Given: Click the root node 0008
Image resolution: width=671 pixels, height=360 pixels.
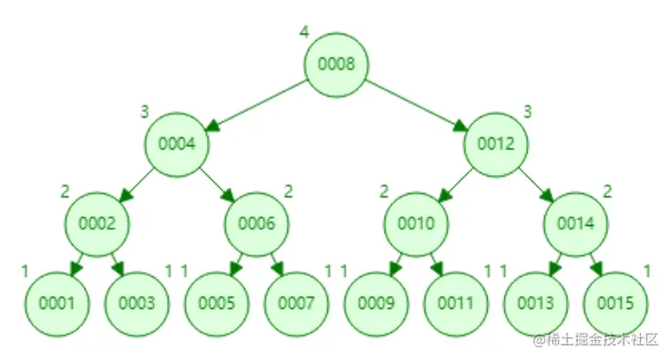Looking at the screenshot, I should click(335, 64).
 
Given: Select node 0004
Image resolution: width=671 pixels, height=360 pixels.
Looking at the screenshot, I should click(176, 143).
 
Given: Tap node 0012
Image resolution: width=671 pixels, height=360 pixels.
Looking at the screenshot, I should click(496, 143).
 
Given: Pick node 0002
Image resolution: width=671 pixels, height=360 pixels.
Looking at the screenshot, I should click(96, 222).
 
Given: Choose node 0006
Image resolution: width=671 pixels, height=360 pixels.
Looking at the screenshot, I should click(256, 222).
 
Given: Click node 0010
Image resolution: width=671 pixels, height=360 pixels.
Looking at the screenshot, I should click(416, 222).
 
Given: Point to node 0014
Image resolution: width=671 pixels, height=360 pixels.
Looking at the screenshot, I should click(576, 222).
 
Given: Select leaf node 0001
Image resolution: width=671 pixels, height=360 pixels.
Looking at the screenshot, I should click(56, 303).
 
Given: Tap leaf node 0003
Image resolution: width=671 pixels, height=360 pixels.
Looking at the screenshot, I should click(136, 303).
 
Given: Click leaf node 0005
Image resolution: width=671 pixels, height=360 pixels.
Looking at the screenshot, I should click(216, 303).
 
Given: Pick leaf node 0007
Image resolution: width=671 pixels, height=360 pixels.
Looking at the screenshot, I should click(296, 303).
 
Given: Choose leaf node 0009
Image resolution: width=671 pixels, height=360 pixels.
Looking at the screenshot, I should click(376, 303).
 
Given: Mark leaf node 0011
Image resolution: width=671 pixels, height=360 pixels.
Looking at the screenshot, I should click(456, 303).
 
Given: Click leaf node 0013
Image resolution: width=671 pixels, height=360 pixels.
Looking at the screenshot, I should click(536, 303).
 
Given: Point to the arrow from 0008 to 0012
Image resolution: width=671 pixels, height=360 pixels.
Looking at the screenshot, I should click(416, 103).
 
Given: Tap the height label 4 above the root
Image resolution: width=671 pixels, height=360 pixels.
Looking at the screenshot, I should click(304, 32).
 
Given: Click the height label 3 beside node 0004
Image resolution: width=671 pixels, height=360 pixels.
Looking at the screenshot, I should click(144, 112).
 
